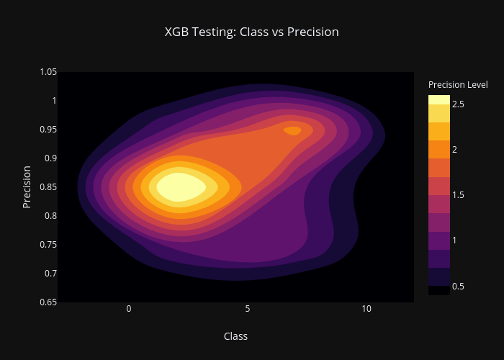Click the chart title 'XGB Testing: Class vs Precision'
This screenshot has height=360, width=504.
(252, 32)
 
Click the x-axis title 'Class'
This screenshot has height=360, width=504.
(235, 336)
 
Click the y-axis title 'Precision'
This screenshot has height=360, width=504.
(27, 187)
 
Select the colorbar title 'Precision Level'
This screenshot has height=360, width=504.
(458, 84)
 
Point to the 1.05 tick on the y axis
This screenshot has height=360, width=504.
(48, 72)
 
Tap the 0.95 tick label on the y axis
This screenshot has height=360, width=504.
(48, 130)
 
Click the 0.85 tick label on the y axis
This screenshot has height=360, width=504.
(48, 187)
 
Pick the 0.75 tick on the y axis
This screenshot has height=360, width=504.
(48, 245)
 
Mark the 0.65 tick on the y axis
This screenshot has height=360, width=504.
(48, 302)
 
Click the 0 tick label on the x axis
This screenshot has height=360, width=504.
(129, 309)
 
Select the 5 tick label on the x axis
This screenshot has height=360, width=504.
(248, 309)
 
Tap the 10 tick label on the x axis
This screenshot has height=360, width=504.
(366, 309)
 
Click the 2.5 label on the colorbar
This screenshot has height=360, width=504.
(458, 104)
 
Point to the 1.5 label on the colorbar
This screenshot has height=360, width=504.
(458, 195)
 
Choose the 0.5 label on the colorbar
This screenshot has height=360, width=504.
(458, 286)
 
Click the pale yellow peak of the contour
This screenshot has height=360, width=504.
(181, 187)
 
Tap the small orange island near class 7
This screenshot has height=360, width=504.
(292, 131)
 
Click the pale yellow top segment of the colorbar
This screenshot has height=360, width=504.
(439, 99)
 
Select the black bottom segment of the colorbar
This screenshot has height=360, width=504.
(439, 291)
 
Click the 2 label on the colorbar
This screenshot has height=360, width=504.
(454, 150)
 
